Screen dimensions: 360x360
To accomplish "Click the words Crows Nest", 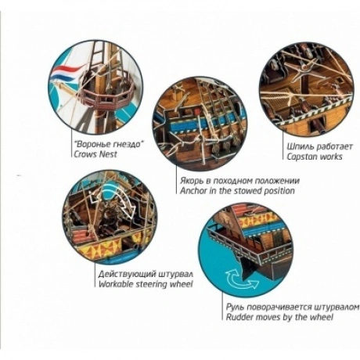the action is (95, 154).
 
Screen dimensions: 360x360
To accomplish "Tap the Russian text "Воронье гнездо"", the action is (109, 144).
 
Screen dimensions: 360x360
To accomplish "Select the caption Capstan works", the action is (315, 157).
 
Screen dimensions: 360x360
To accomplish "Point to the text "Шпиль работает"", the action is (319, 146).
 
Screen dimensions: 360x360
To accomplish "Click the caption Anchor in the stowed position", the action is (237, 190).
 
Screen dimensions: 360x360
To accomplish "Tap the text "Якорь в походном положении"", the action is (239, 181).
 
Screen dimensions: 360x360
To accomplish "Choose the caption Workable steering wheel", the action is (146, 284).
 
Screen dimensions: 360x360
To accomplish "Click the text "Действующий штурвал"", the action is (146, 274).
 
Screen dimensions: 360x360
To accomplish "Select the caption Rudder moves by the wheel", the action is (279, 317).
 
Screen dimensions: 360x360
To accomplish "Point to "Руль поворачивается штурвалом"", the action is (293, 307).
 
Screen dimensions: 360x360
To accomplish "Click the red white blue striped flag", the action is (66, 72).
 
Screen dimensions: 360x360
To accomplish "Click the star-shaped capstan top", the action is (304, 65).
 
